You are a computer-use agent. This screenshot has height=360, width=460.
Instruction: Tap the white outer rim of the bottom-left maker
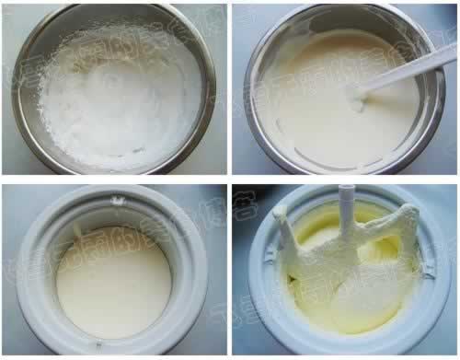pos(28,276)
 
